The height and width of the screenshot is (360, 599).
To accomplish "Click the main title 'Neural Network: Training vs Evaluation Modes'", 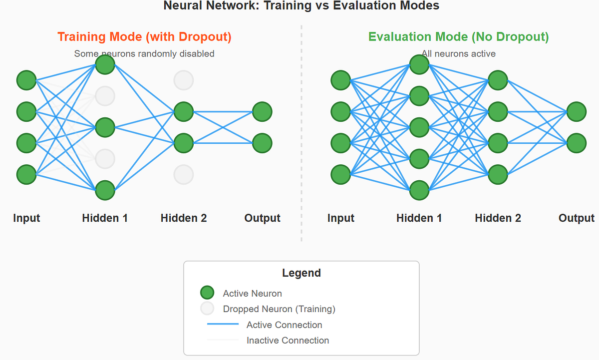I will click(301, 6).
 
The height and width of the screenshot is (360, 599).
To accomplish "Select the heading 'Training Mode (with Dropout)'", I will click(144, 37).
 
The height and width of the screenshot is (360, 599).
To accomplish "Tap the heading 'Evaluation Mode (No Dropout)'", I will click(458, 37).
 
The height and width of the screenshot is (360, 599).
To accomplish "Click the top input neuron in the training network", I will click(26, 80).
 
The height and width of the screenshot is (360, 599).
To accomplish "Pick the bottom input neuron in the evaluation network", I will click(341, 174).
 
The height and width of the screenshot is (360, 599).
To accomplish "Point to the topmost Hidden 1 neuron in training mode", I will click(105, 64).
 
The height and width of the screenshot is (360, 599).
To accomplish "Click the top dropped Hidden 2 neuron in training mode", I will click(184, 80).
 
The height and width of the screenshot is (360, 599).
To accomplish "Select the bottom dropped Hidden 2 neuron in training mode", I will click(184, 174).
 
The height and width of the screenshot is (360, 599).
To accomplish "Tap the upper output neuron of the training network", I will click(262, 112).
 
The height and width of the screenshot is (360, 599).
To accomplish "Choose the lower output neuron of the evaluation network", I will click(577, 143).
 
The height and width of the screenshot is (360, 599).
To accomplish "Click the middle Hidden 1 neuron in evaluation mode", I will click(419, 127).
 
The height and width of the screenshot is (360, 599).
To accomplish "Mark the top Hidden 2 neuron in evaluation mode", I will click(498, 80).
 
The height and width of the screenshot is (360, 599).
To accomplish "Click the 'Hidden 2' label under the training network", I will click(184, 218).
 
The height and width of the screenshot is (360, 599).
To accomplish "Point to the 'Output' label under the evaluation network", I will click(577, 218).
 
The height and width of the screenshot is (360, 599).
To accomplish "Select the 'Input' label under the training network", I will click(26, 218).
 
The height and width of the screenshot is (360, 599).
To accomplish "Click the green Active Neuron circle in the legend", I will click(207, 293).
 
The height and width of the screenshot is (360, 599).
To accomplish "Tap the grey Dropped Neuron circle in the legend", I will click(207, 309).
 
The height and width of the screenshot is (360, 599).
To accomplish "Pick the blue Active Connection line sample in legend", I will click(223, 325).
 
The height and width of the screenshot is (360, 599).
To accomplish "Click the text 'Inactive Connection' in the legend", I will click(288, 341).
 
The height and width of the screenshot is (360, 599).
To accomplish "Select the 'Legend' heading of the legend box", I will click(301, 273).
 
